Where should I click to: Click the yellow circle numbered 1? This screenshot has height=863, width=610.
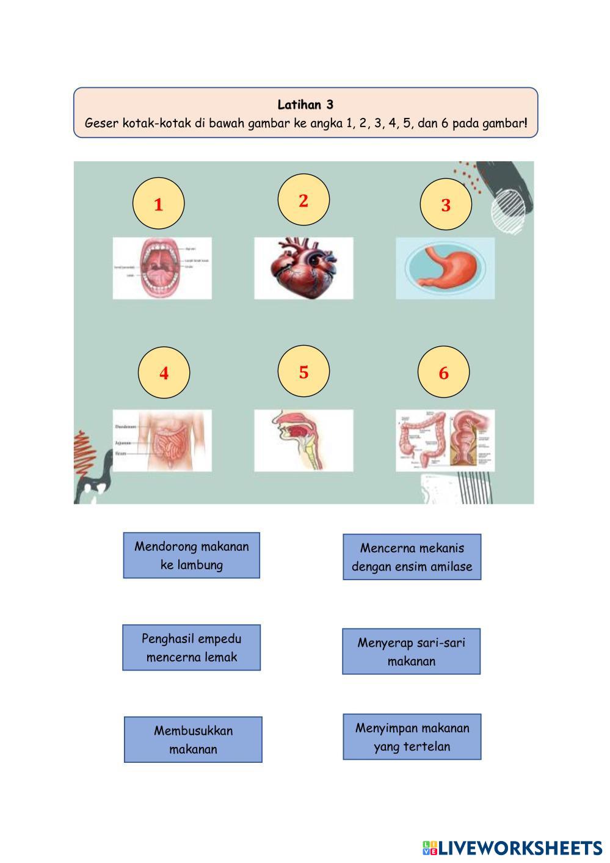point(158,204)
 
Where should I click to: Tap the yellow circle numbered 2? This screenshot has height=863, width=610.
point(303,200)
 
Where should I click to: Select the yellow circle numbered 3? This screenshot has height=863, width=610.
point(446,205)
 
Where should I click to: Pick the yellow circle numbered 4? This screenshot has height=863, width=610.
point(164,373)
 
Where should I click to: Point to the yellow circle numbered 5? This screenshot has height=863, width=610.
point(303,371)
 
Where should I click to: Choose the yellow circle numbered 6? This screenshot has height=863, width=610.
point(443,373)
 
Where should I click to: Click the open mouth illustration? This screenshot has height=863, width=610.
point(162,268)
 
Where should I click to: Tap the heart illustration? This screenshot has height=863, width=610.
point(303,268)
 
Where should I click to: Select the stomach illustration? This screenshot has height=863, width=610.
point(445,268)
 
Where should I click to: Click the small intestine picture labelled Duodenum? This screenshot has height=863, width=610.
point(162,440)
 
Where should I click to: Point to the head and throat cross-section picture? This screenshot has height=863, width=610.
point(303,440)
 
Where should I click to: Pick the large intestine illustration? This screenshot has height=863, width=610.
point(445,440)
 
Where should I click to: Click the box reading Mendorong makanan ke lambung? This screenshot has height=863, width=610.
point(192,555)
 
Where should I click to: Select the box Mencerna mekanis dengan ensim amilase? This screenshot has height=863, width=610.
point(412,557)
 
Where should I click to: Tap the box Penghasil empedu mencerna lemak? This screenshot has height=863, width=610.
point(192,647)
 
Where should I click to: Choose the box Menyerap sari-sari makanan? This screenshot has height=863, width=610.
point(411,651)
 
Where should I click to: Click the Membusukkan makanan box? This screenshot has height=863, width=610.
point(193,740)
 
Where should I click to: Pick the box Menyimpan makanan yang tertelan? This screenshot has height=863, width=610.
point(412,737)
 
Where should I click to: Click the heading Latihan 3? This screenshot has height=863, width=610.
point(305,104)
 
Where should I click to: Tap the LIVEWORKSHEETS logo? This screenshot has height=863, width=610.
point(512,848)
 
